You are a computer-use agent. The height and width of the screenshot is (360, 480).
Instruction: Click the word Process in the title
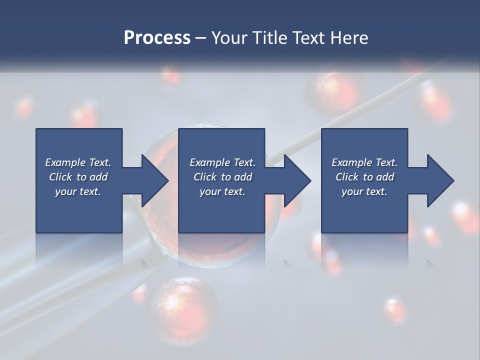[157, 38]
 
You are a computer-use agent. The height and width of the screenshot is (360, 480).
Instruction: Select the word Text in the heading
[308, 38]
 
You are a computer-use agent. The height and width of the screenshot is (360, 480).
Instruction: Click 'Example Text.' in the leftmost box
[78, 162]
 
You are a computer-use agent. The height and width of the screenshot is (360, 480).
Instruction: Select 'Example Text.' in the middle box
[222, 162]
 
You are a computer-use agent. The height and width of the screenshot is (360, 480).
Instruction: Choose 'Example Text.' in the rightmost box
[364, 162]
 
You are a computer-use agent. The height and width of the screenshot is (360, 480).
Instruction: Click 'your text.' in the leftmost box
[78, 191]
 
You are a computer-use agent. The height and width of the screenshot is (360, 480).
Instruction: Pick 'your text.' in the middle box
[222, 191]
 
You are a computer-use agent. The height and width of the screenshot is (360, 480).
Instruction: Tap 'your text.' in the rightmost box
[364, 191]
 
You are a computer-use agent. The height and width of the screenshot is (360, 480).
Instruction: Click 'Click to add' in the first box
[78, 177]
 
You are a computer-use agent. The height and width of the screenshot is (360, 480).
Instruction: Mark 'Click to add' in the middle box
[222, 177]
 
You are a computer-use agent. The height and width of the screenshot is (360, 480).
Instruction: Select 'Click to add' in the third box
[364, 177]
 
